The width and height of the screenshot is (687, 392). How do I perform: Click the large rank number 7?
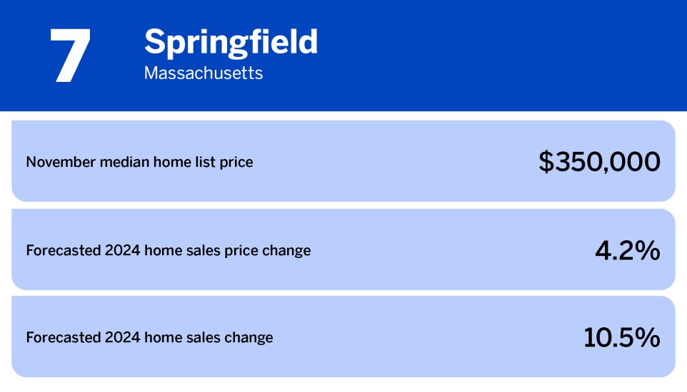[70, 56]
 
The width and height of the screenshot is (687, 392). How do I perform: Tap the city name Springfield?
[231, 42]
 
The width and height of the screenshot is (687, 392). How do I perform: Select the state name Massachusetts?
[203, 73]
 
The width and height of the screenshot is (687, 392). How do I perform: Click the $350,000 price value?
[599, 162]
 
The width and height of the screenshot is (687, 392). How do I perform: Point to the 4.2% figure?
[627, 250]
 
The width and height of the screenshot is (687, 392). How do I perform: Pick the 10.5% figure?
[621, 338]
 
